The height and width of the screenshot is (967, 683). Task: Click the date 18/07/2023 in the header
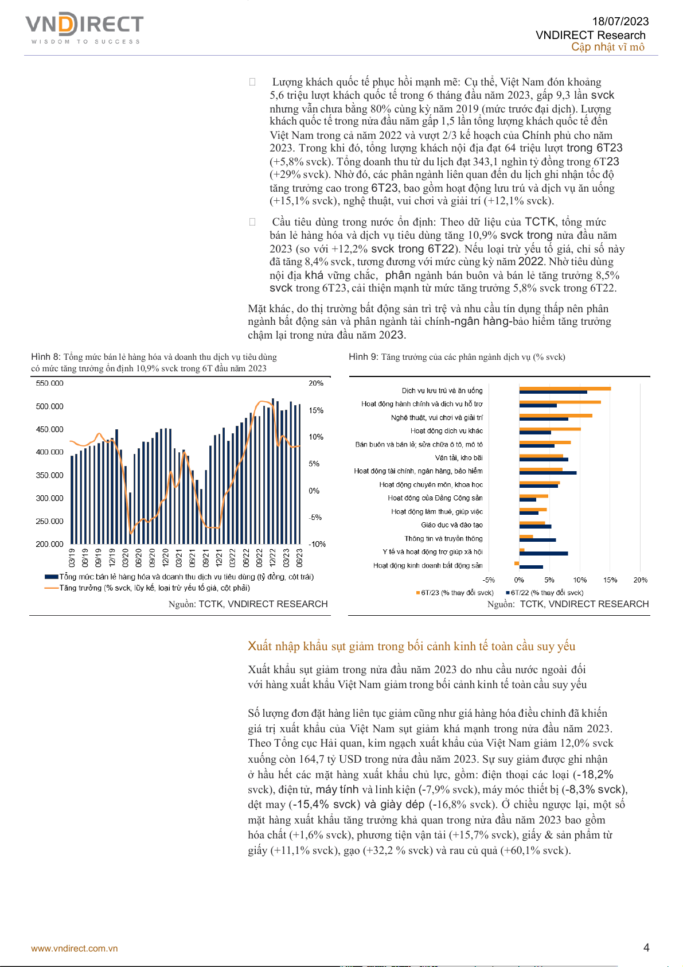(620, 22)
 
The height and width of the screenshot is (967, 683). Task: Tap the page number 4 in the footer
(646, 947)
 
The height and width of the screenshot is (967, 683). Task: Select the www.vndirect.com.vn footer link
(75, 948)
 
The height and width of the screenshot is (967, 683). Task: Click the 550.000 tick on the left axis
(49, 383)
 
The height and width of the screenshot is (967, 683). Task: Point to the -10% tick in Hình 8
(317, 544)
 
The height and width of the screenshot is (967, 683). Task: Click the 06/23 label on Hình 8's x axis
(299, 557)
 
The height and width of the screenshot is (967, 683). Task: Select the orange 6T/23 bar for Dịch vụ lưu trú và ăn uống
(565, 389)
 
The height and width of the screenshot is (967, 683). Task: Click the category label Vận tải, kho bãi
(459, 458)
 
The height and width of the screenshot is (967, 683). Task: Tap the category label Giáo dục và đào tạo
(452, 525)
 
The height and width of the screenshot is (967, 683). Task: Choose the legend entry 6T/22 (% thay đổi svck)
(547, 593)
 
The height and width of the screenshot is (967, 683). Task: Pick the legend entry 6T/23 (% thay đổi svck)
(456, 593)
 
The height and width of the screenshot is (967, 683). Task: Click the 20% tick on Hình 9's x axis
(641, 580)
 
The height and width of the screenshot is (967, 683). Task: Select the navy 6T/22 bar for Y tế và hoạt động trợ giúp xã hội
(544, 554)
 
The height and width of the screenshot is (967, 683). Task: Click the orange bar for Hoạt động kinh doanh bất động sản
(517, 564)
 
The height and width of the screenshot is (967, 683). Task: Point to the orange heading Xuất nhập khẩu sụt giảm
(411, 646)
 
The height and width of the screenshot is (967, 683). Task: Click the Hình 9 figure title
(456, 357)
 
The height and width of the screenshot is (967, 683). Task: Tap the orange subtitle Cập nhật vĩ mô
(607, 47)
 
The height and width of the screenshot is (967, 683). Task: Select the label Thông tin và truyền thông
(443, 539)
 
